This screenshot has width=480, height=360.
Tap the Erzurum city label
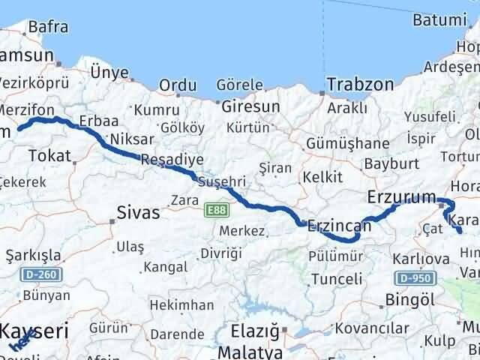[x=402, y=197]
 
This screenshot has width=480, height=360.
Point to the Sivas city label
[x=138, y=213]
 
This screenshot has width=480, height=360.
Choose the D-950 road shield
[x=414, y=278]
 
